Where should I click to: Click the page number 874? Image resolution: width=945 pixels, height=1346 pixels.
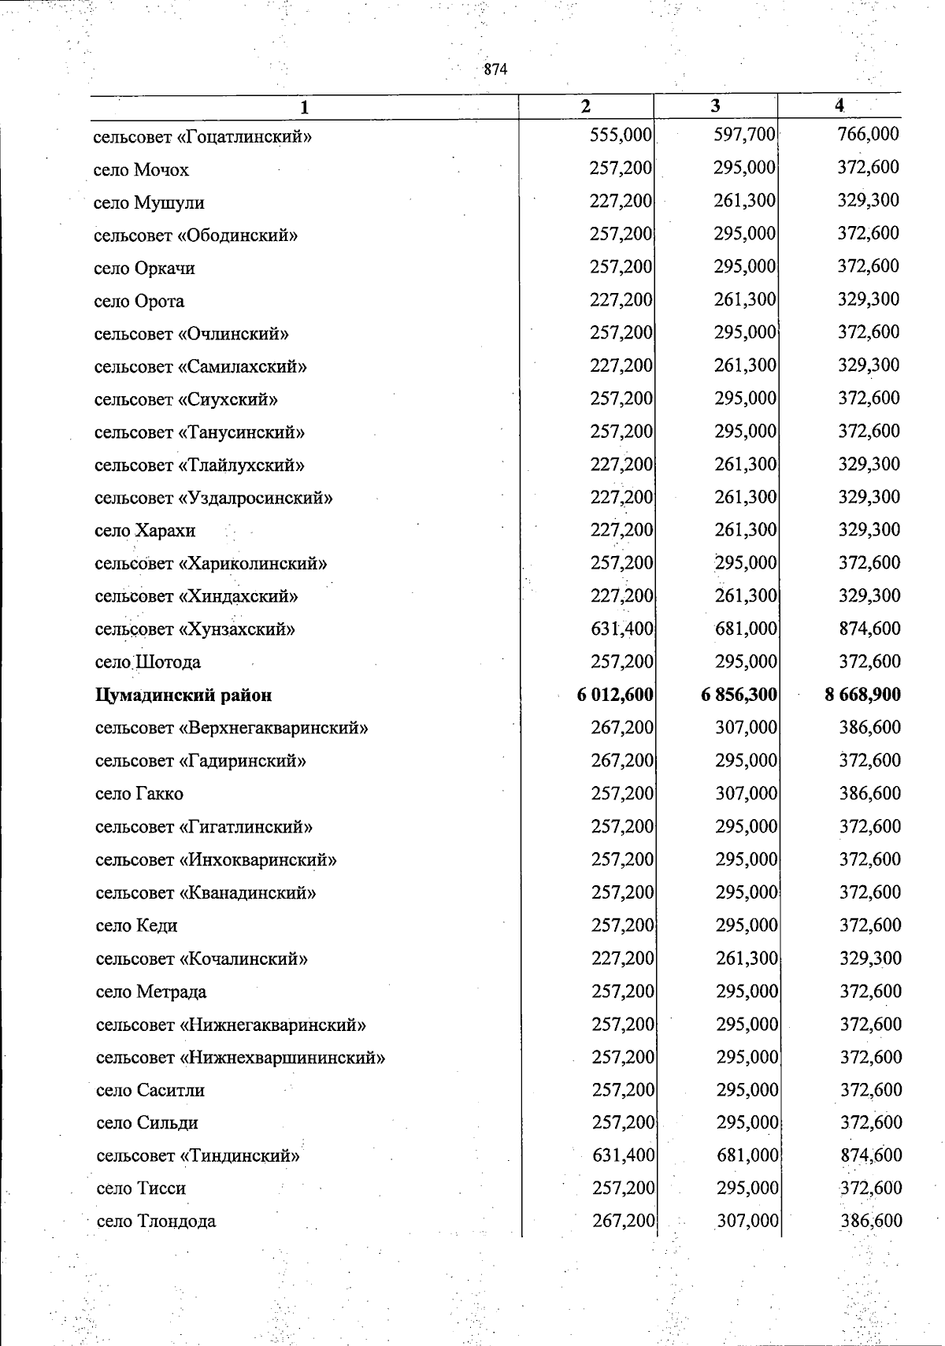click(495, 69)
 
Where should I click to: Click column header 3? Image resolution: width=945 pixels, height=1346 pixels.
click(715, 106)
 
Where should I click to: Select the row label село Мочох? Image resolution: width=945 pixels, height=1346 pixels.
click(141, 170)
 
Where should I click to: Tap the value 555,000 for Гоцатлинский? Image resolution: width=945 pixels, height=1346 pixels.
click(621, 135)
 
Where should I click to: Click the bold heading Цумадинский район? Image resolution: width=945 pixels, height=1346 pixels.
click(183, 695)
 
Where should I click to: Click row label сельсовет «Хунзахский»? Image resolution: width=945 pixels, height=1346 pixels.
click(195, 629)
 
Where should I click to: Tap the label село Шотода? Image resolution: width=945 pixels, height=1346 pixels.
click(147, 662)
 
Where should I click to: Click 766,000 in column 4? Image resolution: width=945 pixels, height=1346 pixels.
click(869, 135)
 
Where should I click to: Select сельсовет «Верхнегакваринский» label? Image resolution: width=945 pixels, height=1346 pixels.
click(232, 729)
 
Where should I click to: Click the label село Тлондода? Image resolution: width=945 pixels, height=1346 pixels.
click(156, 1222)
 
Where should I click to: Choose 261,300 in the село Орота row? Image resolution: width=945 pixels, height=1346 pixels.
click(745, 300)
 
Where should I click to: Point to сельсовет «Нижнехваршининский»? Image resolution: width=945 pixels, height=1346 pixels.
click(240, 1058)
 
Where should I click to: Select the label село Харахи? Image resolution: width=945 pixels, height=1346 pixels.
click(144, 531)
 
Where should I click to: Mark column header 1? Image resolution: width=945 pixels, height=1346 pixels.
click(304, 107)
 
